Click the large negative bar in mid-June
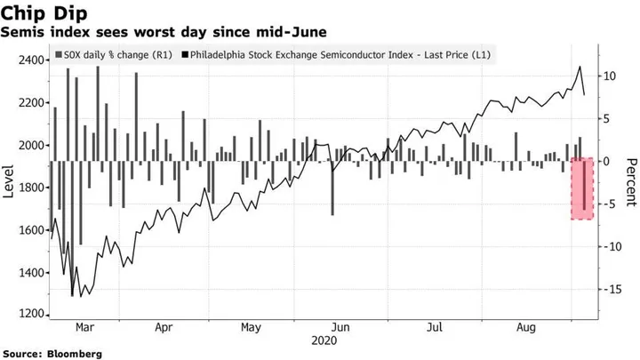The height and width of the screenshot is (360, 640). pyautogui.click(x=332, y=188)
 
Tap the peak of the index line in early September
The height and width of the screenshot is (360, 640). pyautogui.click(x=580, y=67)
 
